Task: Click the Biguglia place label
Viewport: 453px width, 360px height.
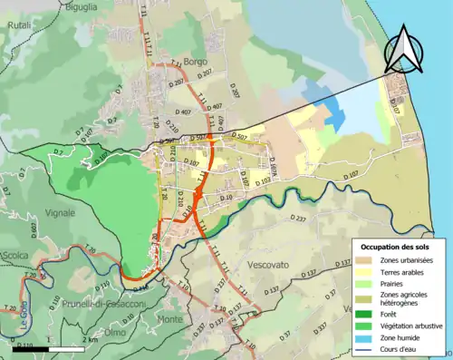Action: coord(82,6)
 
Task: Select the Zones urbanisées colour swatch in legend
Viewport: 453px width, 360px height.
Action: coord(369,261)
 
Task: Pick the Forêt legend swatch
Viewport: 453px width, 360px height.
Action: coord(369,310)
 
